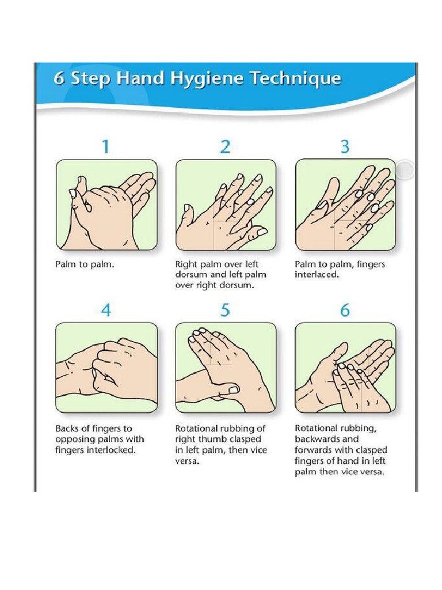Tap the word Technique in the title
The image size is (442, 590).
(x=296, y=78)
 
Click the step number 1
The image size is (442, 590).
(x=106, y=146)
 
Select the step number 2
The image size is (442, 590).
(x=225, y=146)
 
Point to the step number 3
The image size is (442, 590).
(x=345, y=146)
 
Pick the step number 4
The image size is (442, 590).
(x=106, y=311)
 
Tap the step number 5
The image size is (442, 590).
(x=225, y=311)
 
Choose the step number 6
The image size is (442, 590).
(x=345, y=311)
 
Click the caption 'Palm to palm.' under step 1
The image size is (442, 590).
(x=85, y=264)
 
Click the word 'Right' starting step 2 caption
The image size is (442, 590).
(x=185, y=265)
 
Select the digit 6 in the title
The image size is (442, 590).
(x=59, y=79)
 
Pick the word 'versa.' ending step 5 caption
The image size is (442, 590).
(x=187, y=462)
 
